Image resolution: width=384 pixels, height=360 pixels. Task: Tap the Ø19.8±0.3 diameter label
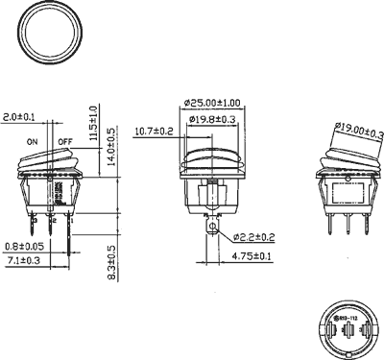click(213, 119)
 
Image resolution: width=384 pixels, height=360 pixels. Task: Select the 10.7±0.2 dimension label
click(154, 131)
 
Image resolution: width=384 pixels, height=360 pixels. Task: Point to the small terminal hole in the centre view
click(211, 228)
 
